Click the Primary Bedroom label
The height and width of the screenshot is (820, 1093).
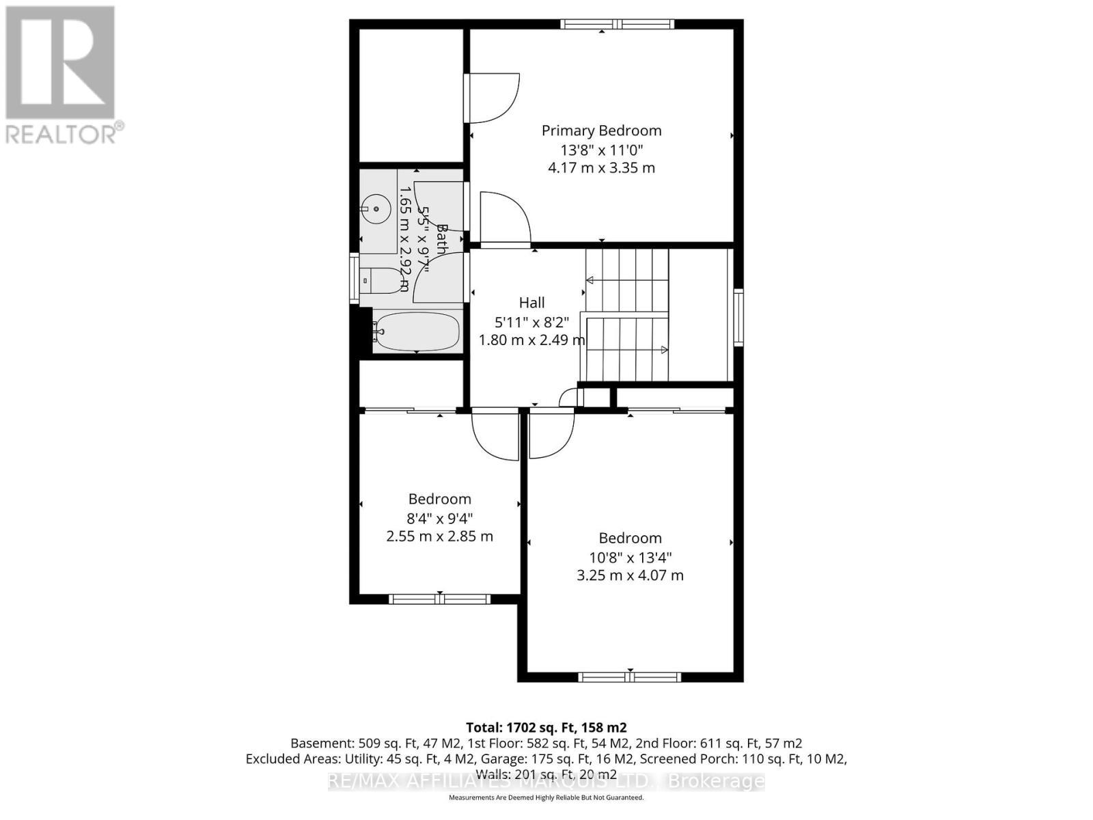(601, 131)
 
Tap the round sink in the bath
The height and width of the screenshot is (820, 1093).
(375, 208)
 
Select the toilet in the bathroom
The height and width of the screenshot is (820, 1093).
(383, 281)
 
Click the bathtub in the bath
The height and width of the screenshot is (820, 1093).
(417, 331)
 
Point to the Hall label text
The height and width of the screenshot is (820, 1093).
(531, 303)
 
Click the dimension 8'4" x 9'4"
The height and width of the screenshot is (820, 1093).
(439, 518)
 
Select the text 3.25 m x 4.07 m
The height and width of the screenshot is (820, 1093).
(630, 575)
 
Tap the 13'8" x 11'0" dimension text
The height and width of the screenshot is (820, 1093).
(601, 150)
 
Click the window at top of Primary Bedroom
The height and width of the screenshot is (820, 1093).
(617, 25)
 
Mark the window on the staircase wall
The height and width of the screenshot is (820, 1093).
(738, 316)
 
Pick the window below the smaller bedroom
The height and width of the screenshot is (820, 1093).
(439, 599)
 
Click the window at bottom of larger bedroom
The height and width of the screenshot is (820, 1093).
(629, 677)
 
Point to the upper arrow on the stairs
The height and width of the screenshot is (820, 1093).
(590, 280)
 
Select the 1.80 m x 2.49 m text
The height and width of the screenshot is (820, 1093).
(531, 340)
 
